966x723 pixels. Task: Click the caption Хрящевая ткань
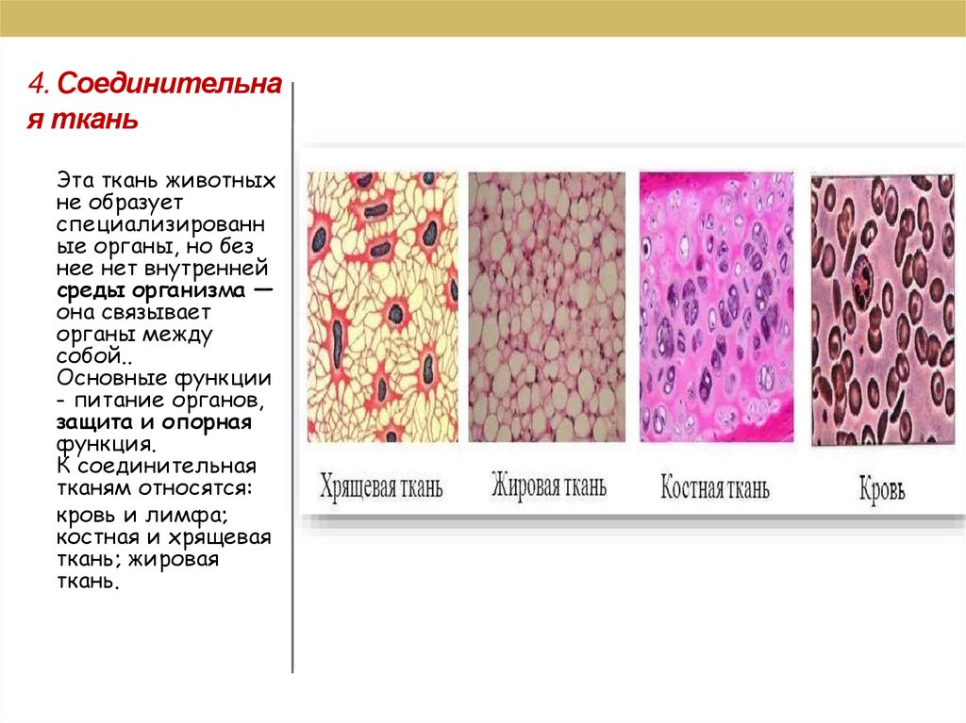coord(381,487)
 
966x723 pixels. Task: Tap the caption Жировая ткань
coord(548,486)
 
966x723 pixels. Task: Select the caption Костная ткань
coord(714,488)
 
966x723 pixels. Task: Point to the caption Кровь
coord(882,490)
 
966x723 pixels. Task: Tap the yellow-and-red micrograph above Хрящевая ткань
coord(382,307)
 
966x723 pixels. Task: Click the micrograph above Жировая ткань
coord(546,307)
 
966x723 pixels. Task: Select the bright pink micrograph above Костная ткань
coord(716,307)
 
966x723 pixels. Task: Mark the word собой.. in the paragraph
coord(90,356)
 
